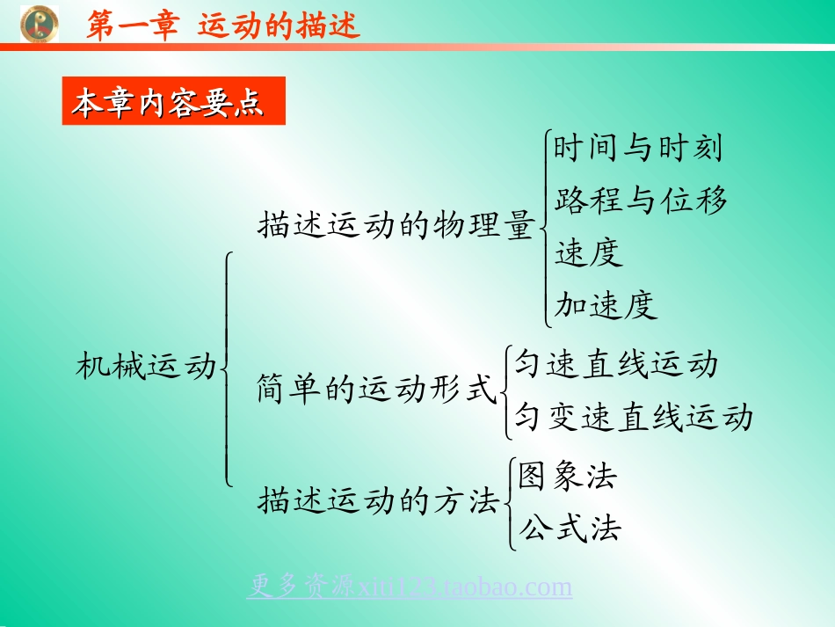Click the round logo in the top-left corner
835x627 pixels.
coord(39,24)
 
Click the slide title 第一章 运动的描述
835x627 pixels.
coord(223,26)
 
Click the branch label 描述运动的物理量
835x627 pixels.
coord(396,226)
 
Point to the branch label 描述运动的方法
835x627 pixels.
coord(379,502)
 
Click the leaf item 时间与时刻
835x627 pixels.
coord(638,148)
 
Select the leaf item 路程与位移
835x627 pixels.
coord(641,200)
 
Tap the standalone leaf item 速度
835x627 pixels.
coord(589,253)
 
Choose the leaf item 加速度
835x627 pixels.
coord(606,305)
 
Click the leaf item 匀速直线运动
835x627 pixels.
coord(616,364)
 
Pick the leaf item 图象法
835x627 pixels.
coord(568,476)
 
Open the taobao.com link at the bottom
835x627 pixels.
coord(410,587)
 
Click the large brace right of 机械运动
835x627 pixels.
coord(228,368)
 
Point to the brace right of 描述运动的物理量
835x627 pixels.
coord(544,227)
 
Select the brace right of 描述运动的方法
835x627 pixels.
coord(511,503)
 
